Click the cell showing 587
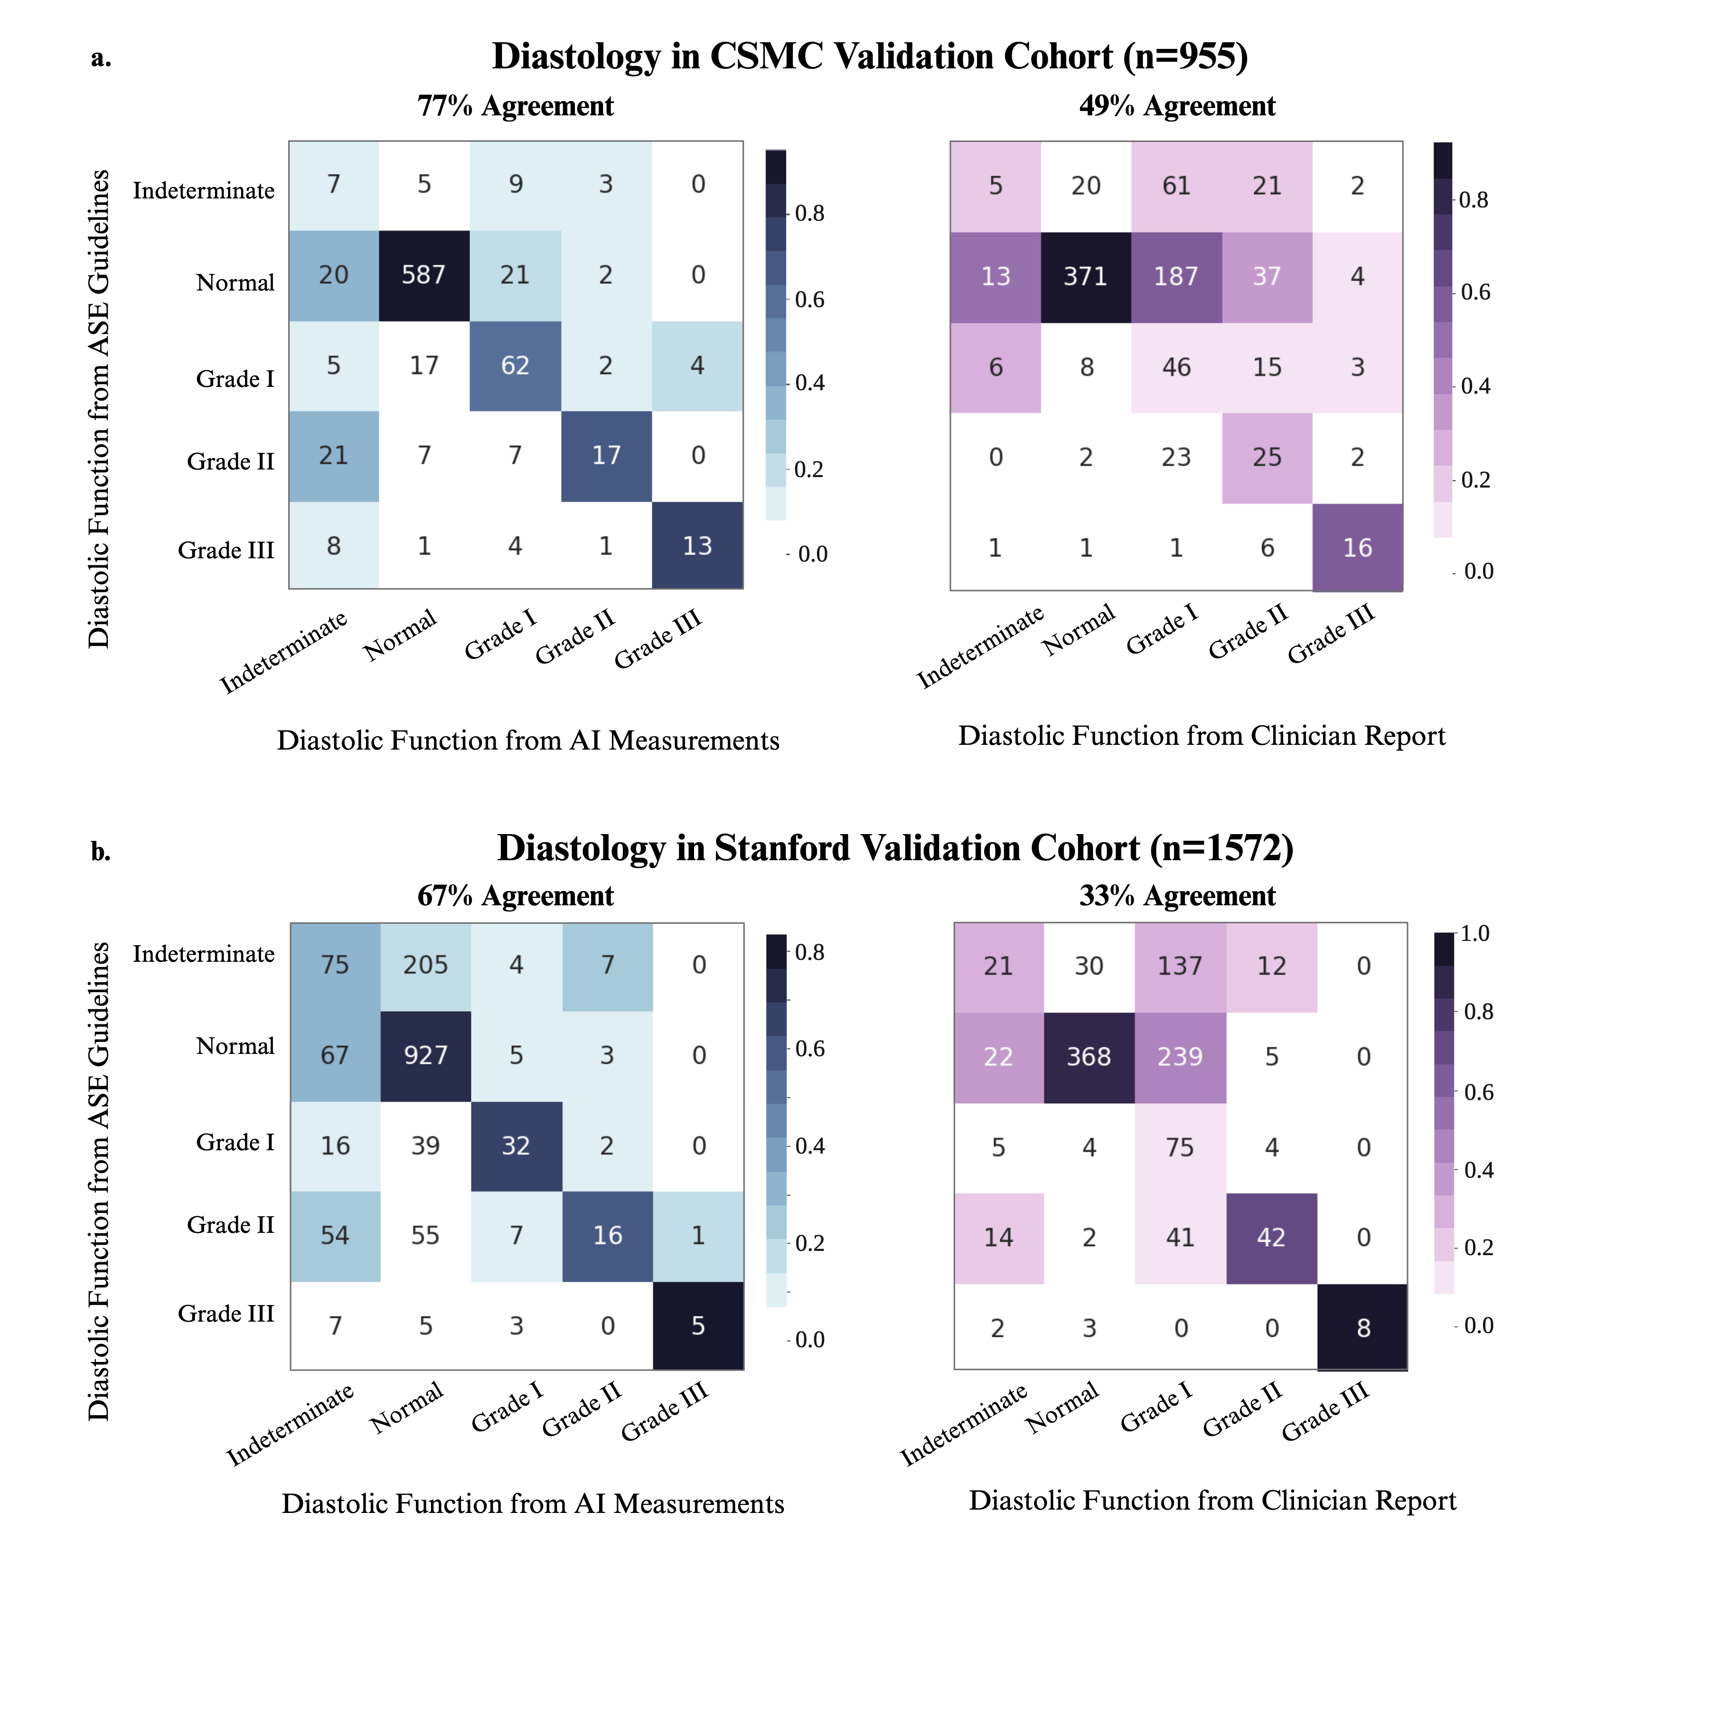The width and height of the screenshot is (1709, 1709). (424, 275)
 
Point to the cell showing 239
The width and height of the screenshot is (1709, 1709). (1180, 1057)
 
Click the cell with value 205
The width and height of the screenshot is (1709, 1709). (425, 965)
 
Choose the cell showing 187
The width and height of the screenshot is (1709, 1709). (1176, 277)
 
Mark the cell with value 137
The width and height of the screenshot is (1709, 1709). (1180, 966)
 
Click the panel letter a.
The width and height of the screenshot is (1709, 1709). (101, 58)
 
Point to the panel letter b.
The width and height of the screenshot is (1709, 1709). (101, 852)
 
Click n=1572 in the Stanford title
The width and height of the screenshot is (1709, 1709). (1221, 848)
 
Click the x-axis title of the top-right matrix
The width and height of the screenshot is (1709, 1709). (1201, 736)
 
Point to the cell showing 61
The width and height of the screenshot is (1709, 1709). (1176, 186)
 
